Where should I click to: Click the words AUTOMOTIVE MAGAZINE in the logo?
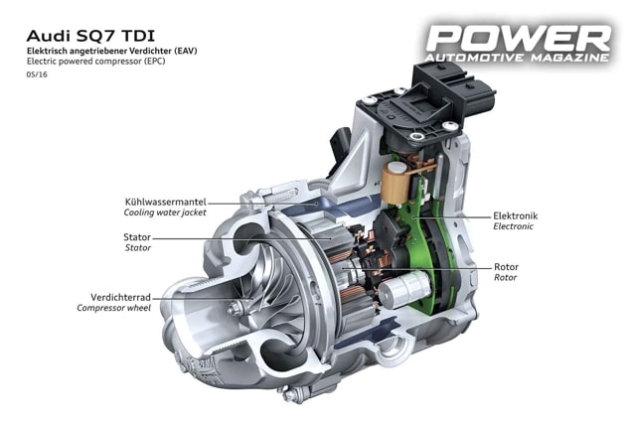[x=520, y=62]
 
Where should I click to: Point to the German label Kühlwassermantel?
[x=166, y=202]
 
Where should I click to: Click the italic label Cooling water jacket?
[x=165, y=212]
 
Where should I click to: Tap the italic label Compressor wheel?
[x=116, y=308]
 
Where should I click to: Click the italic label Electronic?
[x=514, y=226]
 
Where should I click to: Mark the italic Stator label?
[x=137, y=248]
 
